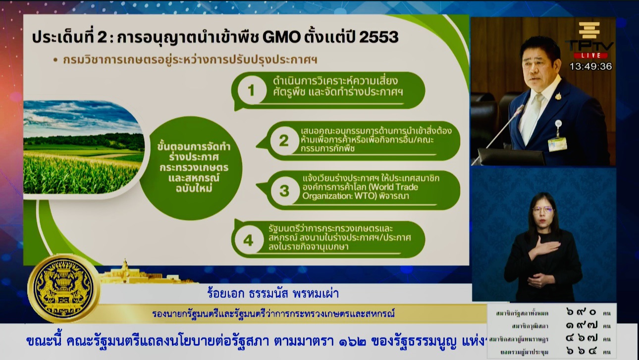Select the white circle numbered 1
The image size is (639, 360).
[x=251, y=91]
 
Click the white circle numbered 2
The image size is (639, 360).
[x=283, y=141]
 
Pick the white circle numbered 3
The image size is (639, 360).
[x=284, y=191]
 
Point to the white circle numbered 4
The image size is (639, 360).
[x=248, y=240]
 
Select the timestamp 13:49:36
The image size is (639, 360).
[x=590, y=66]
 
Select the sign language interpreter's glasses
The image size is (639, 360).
[x=543, y=209]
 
